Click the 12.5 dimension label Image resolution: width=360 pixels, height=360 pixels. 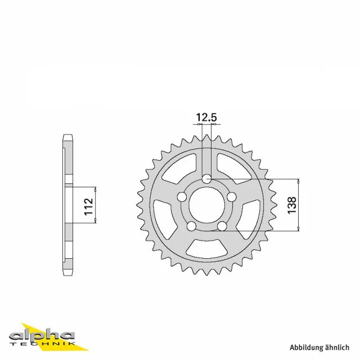(x=206, y=117)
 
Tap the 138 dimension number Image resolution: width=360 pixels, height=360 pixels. (x=291, y=205)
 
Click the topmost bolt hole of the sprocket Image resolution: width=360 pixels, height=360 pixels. (x=206, y=179)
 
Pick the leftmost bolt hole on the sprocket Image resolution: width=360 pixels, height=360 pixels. (x=182, y=197)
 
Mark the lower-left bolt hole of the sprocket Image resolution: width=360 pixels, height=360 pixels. (x=191, y=226)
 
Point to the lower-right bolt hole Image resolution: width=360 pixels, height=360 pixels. (x=222, y=226)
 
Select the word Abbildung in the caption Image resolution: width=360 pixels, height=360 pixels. (x=307, y=347)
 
